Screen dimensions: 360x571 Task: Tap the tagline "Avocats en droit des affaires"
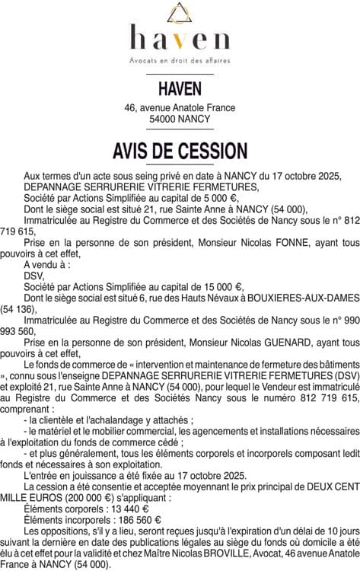[180, 59]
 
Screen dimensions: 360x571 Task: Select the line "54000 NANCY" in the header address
[180, 120]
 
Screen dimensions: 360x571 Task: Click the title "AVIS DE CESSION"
[180, 150]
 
